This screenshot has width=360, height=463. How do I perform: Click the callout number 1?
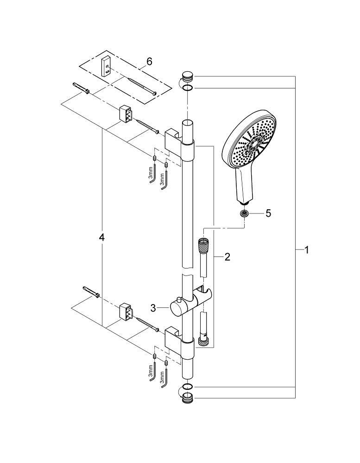coord(307,250)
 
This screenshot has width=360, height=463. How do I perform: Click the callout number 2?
coord(227,257)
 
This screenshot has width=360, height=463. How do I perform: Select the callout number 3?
coord(153,308)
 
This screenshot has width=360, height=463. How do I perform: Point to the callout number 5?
coord(268,213)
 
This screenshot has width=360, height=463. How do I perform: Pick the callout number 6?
coord(149,62)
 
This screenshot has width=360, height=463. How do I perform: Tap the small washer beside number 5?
coord(244,213)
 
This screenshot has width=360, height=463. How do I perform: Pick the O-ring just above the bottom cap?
coord(187,387)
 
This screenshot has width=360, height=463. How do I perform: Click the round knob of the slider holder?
coord(176,308)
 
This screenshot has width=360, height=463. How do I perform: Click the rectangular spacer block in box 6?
coord(106,67)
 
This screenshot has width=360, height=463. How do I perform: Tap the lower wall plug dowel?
coord(91,292)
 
